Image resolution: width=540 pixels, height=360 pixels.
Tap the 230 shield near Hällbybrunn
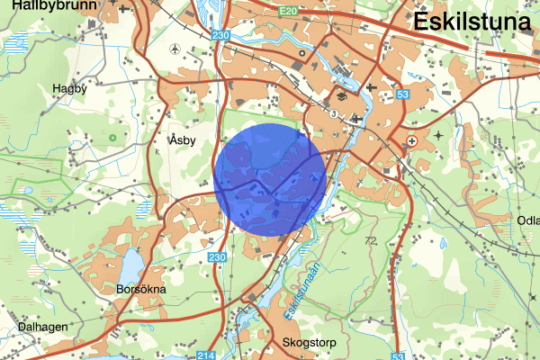point(221,34)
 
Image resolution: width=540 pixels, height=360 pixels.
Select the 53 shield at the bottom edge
point(400,355)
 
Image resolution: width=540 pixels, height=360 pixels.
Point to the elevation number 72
point(370,241)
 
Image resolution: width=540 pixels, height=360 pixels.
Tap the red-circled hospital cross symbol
point(412,141)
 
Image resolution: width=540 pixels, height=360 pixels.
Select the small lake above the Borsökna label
point(129,264)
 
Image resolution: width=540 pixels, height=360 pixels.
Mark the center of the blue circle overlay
point(272,181)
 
